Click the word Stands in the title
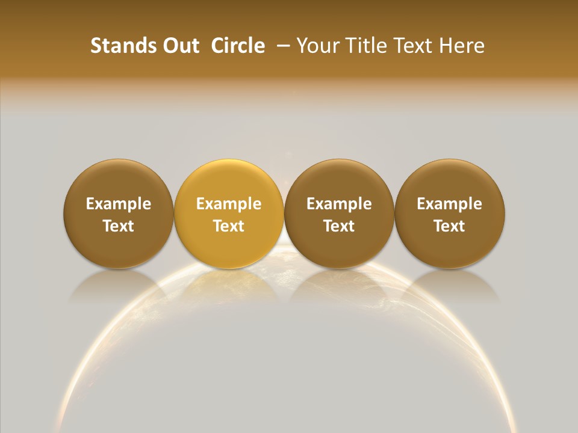118,46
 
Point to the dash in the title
282,46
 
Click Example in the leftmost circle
119,204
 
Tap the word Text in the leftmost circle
119,226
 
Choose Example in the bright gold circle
229,204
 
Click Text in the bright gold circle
229,226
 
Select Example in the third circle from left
339,204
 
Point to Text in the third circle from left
339,226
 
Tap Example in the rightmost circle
449,204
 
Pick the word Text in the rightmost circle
449,226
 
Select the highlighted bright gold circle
229,180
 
